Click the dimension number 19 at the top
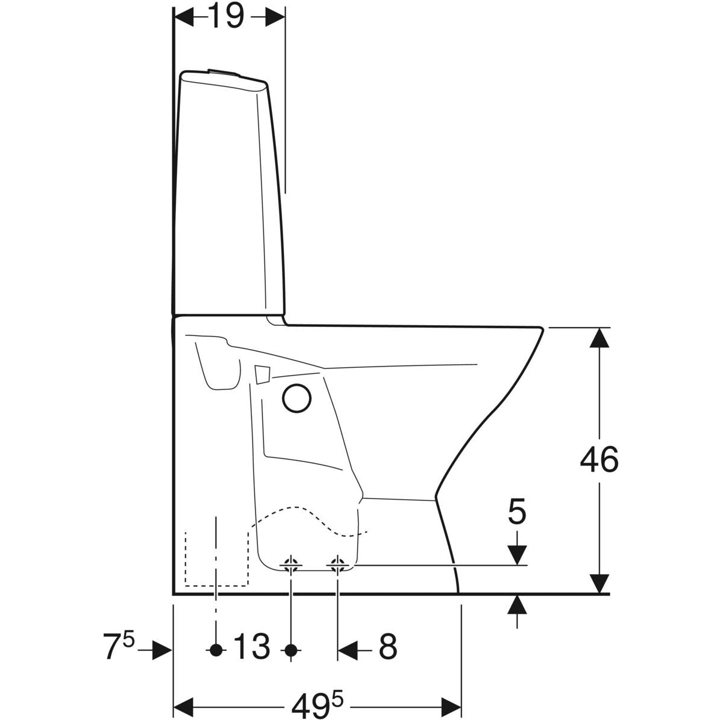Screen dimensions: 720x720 (226, 16)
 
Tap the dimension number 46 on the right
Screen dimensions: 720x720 (599, 459)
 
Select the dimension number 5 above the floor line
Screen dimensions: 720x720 (517, 511)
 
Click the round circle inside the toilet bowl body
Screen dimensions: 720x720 (296, 398)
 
